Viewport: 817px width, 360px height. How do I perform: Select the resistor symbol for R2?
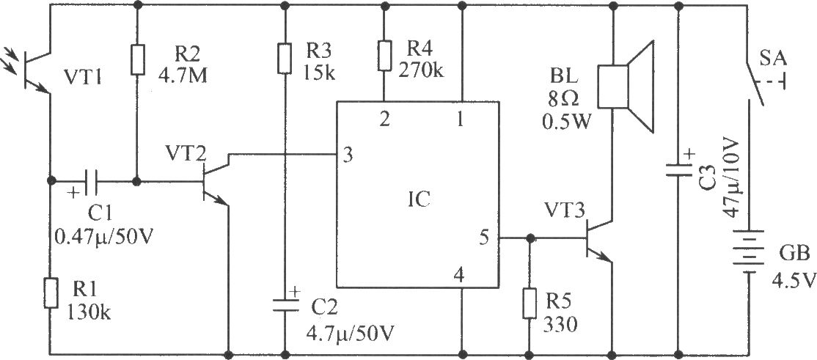(x=137, y=60)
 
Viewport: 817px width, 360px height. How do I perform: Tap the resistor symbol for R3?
(x=284, y=59)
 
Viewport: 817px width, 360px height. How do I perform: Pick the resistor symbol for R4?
(x=384, y=55)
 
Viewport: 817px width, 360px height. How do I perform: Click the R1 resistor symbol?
(x=51, y=293)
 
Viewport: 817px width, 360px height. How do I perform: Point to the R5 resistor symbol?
(x=530, y=303)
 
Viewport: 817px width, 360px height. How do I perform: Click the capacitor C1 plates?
(x=92, y=181)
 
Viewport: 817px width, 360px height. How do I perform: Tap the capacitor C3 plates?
(x=678, y=171)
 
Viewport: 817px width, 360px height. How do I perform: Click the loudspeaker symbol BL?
(x=625, y=87)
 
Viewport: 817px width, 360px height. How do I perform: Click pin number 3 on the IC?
(x=348, y=155)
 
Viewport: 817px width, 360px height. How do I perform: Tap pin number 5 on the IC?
(x=484, y=238)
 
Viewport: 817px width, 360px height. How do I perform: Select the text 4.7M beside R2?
(x=183, y=76)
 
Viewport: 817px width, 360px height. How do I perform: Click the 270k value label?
(x=421, y=70)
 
